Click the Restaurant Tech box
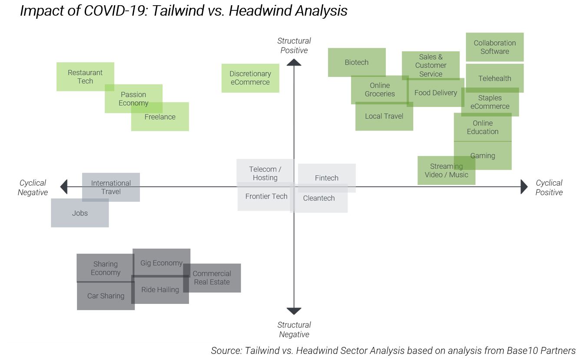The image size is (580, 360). click(85, 77)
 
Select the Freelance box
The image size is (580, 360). click(160, 117)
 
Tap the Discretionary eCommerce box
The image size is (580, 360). click(250, 78)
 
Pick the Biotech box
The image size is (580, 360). click(357, 62)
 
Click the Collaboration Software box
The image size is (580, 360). click(495, 47)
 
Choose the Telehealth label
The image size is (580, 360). click(495, 79)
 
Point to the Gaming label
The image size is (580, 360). click(483, 156)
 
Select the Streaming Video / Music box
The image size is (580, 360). click(446, 170)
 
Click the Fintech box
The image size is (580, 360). click(327, 178)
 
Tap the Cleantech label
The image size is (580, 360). click(319, 198)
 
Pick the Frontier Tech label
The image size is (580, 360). click(266, 197)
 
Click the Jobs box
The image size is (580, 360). click(80, 213)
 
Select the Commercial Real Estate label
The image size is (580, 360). click(212, 278)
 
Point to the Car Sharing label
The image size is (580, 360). click(106, 296)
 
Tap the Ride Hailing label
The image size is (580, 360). click(160, 290)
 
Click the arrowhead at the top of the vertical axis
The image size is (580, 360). click(294, 62)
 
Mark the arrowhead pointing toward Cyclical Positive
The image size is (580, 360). click(524, 187)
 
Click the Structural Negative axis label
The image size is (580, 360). click(294, 330)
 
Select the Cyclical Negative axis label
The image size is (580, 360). click(33, 187)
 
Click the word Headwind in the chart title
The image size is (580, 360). click(256, 10)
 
